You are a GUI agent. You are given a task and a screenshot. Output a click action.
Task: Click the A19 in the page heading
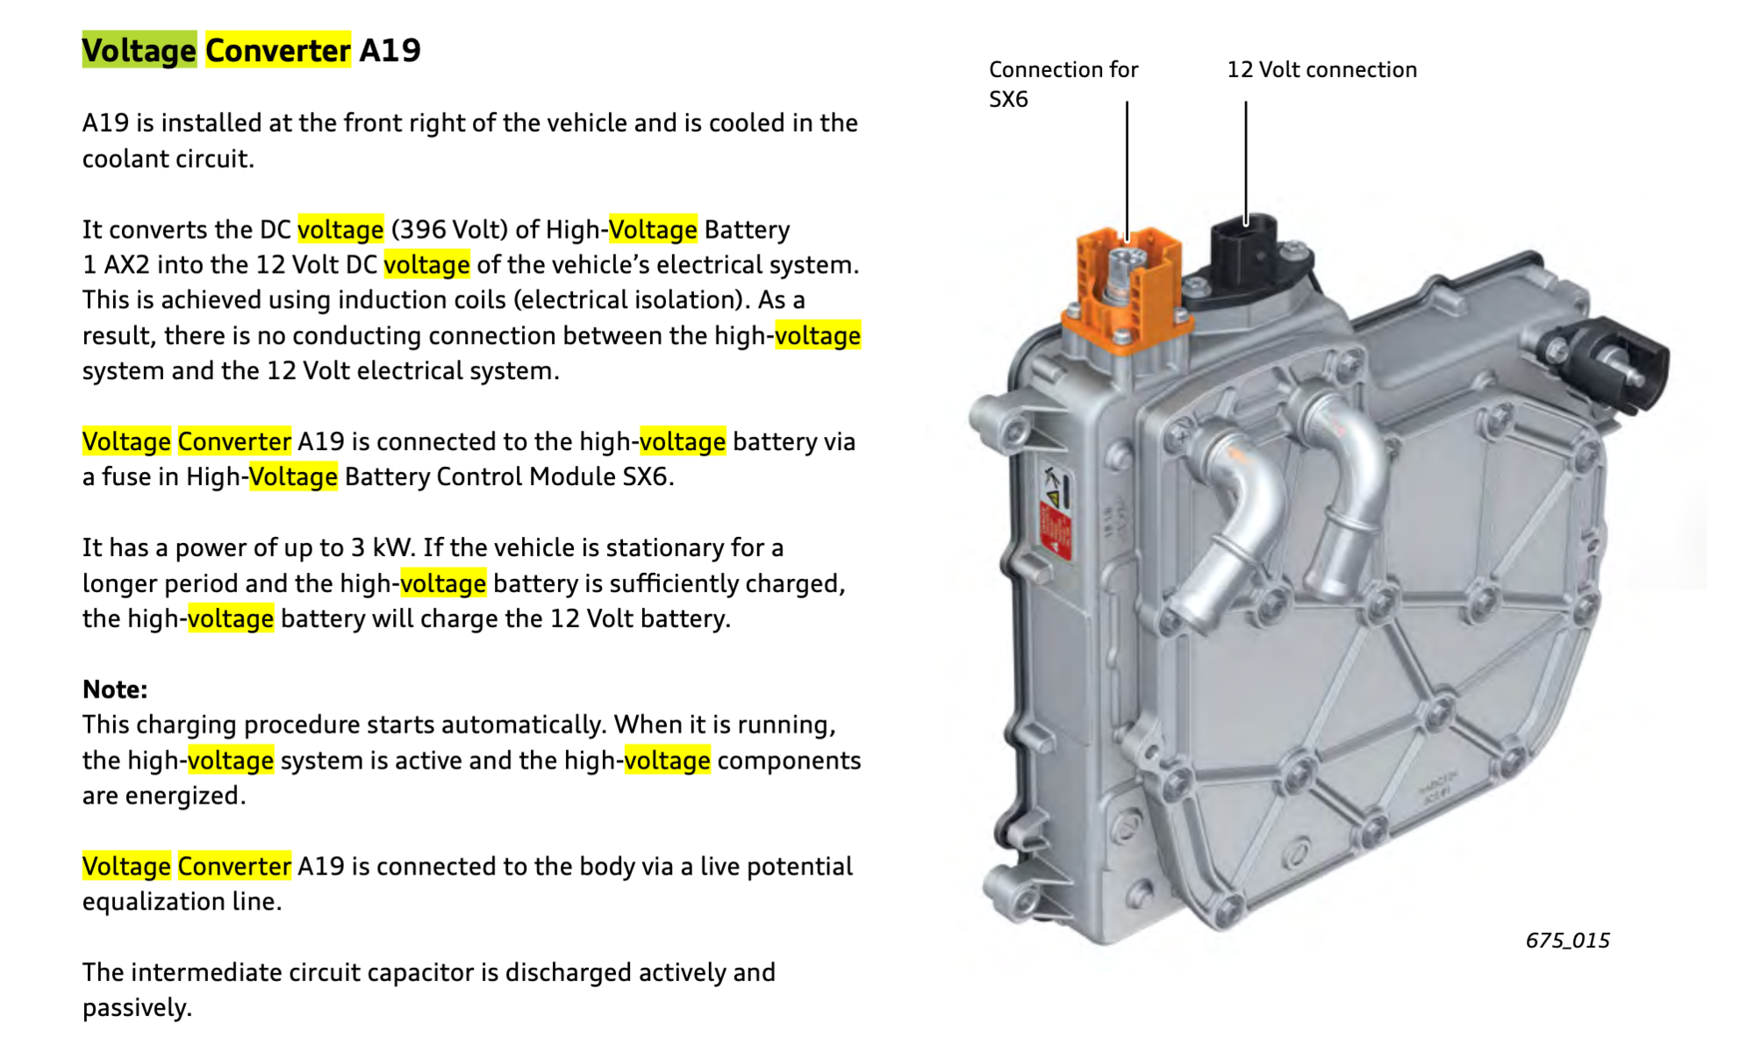(x=390, y=50)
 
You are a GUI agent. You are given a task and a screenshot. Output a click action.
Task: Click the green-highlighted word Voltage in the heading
(x=139, y=50)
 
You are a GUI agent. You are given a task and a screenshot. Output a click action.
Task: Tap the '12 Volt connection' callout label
(x=1321, y=69)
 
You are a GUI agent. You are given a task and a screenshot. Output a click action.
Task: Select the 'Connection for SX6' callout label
(x=1062, y=83)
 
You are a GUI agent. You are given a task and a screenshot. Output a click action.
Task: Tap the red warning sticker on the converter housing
(x=1055, y=530)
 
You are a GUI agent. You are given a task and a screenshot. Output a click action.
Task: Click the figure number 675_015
(x=1567, y=940)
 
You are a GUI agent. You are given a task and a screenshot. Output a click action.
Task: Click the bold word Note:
(x=115, y=689)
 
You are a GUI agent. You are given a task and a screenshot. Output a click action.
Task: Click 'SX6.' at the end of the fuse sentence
(x=648, y=476)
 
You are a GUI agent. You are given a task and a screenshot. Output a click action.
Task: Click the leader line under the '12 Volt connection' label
(x=1245, y=158)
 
